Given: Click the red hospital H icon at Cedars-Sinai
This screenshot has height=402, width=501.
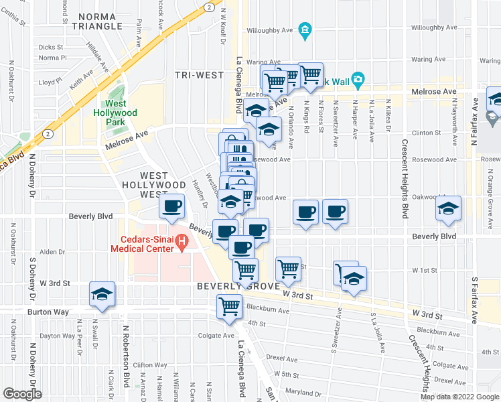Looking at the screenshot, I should (180, 241).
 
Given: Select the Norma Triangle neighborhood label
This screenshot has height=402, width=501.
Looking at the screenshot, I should (100, 21).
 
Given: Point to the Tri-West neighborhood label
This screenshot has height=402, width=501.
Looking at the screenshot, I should (199, 75).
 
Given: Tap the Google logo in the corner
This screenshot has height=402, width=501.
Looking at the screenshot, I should (22, 394).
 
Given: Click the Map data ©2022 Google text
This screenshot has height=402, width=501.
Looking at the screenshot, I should (459, 397).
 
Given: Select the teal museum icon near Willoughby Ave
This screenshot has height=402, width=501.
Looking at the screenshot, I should (305, 29).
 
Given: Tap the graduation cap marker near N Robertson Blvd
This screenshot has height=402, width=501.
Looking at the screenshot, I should (102, 295).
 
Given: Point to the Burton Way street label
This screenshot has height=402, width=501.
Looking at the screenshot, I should (49, 312).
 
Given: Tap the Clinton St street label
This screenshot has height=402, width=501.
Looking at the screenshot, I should (426, 133).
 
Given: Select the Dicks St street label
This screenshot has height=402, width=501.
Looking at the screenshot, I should (51, 48).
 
